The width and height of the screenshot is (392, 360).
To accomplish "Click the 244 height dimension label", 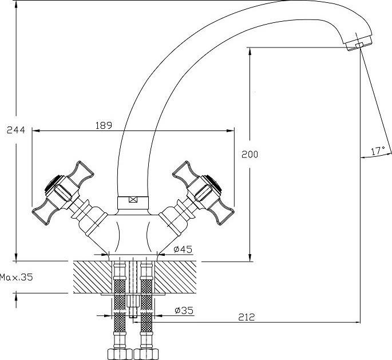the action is pos(16,130).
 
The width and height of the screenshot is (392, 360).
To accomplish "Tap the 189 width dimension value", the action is pos(104,125).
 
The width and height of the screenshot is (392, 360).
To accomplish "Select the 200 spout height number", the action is pos(250,155).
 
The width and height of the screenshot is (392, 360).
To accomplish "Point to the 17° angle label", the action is pos(378,151).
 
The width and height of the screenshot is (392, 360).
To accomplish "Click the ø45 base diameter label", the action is pos(183,249).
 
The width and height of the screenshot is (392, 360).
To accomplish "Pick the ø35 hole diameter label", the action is pos(184,310).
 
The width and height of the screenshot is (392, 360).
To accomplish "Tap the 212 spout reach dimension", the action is pos(246,317).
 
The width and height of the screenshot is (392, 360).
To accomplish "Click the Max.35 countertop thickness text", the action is pos(16,277).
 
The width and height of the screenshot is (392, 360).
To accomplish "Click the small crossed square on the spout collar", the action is pos(133,200).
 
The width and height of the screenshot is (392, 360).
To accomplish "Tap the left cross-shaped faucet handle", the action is pos(63,193).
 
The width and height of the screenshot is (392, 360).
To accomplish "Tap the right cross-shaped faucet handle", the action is pos(203,193).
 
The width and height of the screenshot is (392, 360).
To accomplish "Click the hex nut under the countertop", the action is pos(133,301).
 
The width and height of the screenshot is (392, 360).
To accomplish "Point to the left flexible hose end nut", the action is pos(120,354).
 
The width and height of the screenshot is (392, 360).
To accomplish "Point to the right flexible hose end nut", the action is pos(146,354).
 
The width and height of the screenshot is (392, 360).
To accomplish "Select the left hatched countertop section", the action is pos(93,277).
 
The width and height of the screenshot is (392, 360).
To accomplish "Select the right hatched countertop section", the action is pos(176,277).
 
